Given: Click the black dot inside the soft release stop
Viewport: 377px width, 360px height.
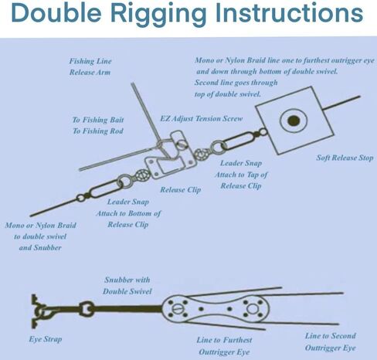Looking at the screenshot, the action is (x=294, y=121).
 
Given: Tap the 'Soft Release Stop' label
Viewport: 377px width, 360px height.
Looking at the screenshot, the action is (x=345, y=158).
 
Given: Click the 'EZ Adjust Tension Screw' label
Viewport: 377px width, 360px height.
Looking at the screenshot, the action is (x=202, y=118).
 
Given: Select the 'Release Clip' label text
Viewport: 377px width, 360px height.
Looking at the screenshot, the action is (x=181, y=190).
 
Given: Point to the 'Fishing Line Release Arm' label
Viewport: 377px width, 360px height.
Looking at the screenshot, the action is (x=90, y=66).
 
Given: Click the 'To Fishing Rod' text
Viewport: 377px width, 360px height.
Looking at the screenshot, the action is (x=98, y=131).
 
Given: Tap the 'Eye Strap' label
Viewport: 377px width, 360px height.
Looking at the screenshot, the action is (x=46, y=339).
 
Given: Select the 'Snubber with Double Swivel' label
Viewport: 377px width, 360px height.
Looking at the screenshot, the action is (x=127, y=286).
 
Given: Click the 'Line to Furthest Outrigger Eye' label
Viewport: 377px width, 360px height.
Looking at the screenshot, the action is (x=224, y=346).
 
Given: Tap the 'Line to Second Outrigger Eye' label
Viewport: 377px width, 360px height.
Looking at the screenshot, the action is (x=331, y=341).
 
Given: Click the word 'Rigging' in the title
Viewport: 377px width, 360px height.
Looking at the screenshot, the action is (x=158, y=13).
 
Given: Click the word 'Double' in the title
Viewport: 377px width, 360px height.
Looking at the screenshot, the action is (x=56, y=12).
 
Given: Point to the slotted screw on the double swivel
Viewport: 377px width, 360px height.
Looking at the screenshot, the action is (x=177, y=309).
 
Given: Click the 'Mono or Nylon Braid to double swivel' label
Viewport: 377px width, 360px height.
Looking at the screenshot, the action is (x=40, y=231).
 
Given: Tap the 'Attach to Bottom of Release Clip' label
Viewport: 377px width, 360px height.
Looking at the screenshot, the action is (x=128, y=219).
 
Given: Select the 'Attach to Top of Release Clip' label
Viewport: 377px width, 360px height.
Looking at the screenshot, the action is (x=241, y=180).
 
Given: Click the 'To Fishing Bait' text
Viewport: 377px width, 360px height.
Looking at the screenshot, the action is (x=98, y=120).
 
